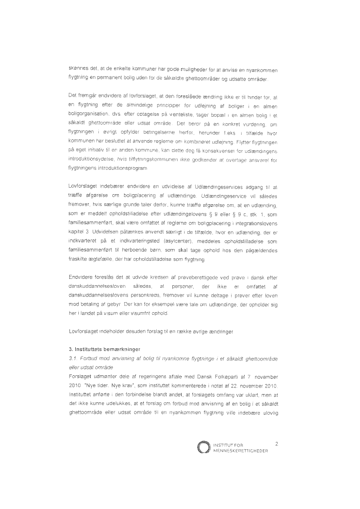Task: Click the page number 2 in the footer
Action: point(277,444)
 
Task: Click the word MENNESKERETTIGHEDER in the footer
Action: point(240,451)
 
